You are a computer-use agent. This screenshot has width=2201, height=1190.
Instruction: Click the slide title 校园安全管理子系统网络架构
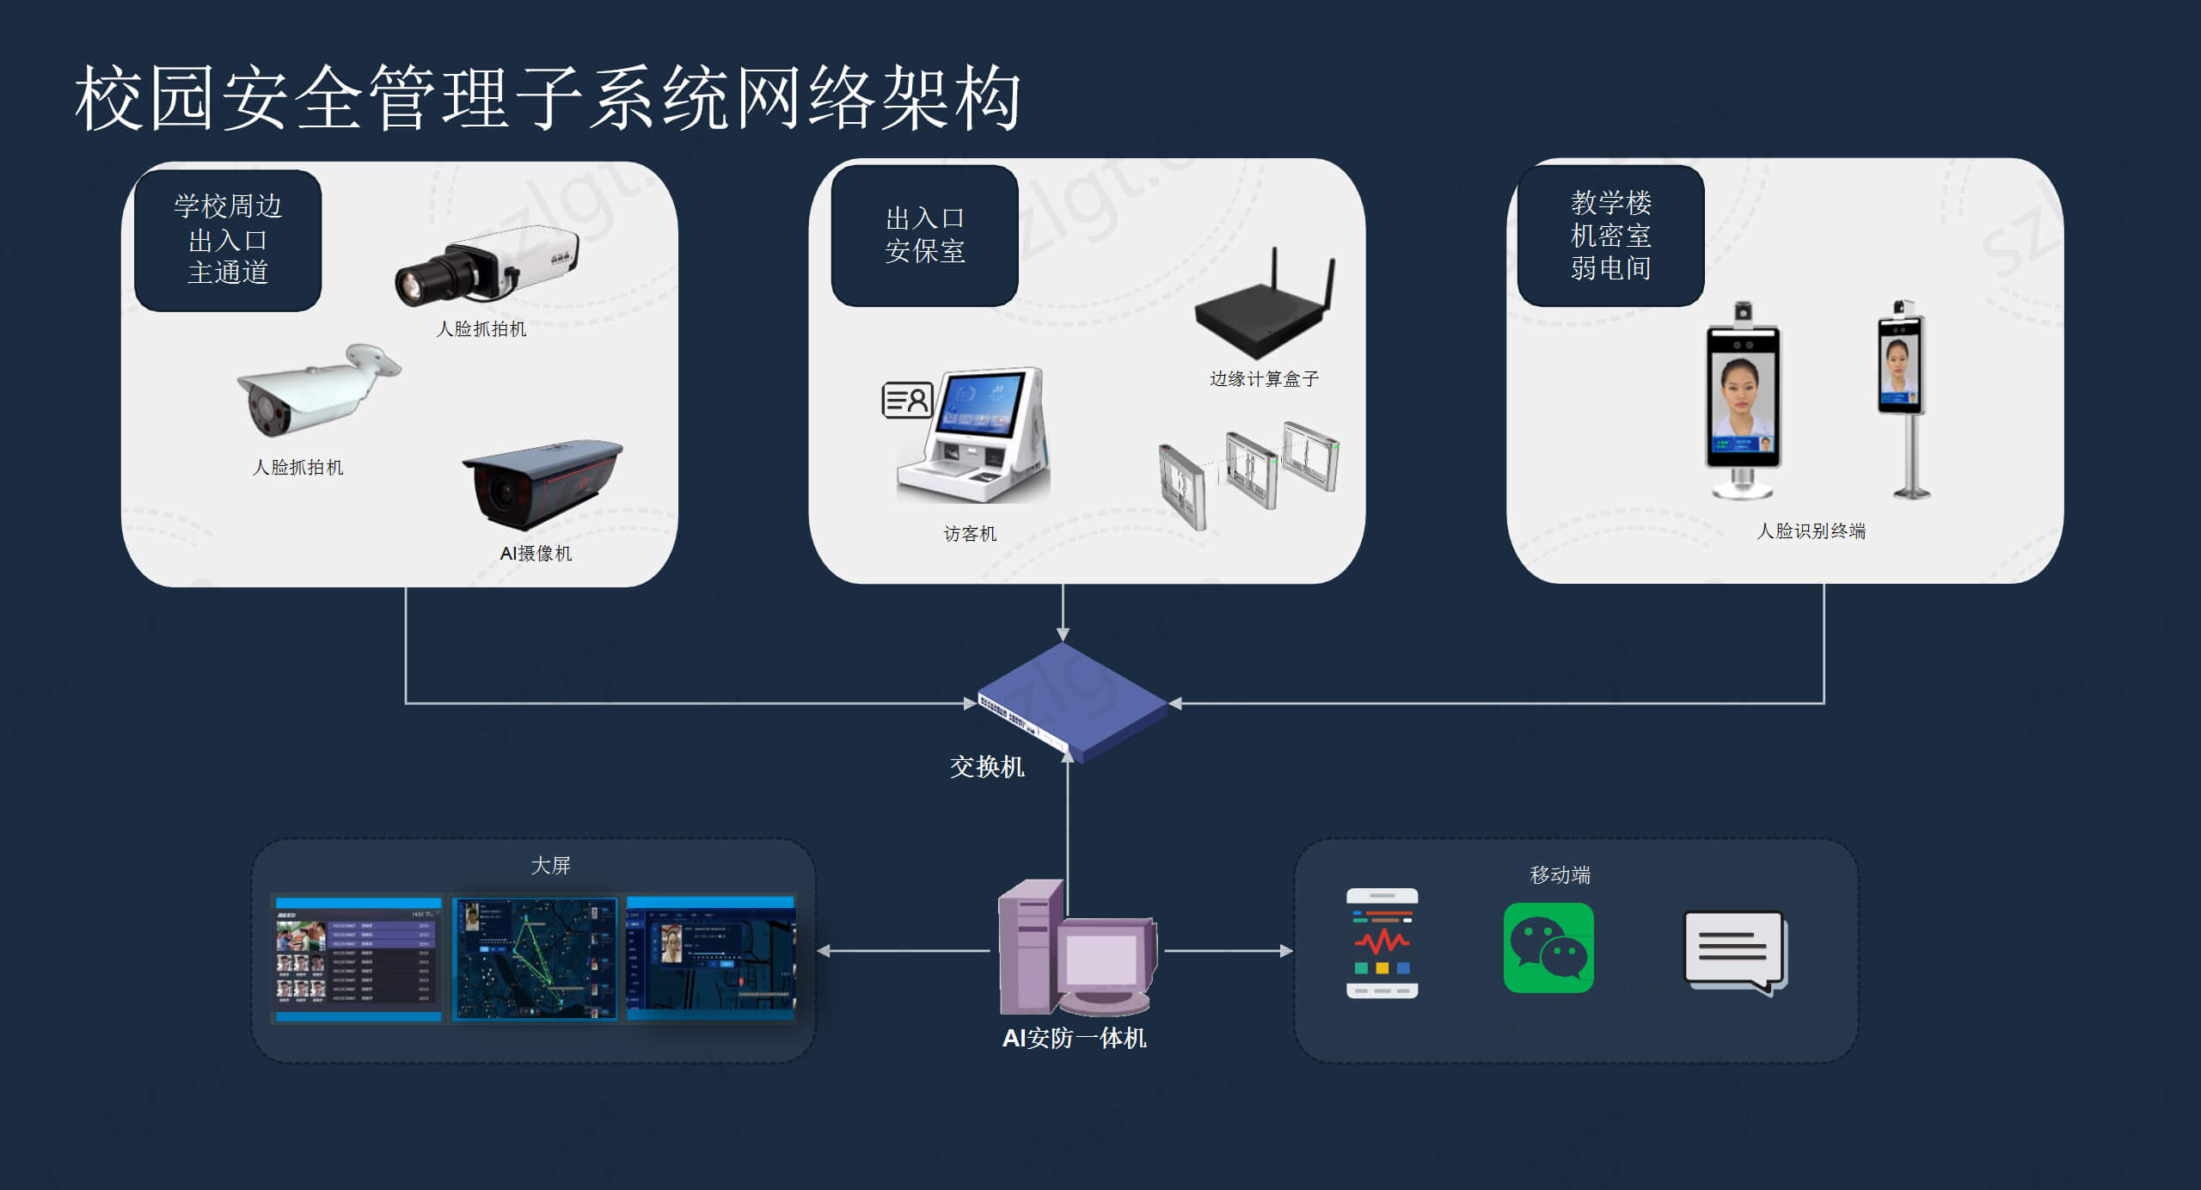(548, 98)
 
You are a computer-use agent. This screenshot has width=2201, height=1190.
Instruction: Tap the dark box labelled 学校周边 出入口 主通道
(228, 240)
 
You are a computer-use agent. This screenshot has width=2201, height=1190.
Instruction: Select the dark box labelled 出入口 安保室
(924, 235)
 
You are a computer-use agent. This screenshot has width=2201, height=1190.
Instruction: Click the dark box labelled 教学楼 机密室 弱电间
(1610, 236)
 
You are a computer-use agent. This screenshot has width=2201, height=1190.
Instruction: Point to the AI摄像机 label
(536, 554)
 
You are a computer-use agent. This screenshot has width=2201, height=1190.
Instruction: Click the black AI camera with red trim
(542, 483)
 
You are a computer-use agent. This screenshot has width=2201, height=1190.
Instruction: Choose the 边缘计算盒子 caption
(1264, 379)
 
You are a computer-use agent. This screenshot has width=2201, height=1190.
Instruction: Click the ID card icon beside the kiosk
(907, 400)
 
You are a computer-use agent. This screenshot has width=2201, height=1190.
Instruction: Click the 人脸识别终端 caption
(1811, 531)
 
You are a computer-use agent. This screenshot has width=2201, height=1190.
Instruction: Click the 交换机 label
(986, 767)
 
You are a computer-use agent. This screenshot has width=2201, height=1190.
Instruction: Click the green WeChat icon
(1548, 948)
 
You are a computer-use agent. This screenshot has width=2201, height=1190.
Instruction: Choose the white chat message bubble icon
(1734, 951)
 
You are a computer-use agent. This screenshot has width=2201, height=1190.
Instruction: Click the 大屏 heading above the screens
(550, 866)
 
